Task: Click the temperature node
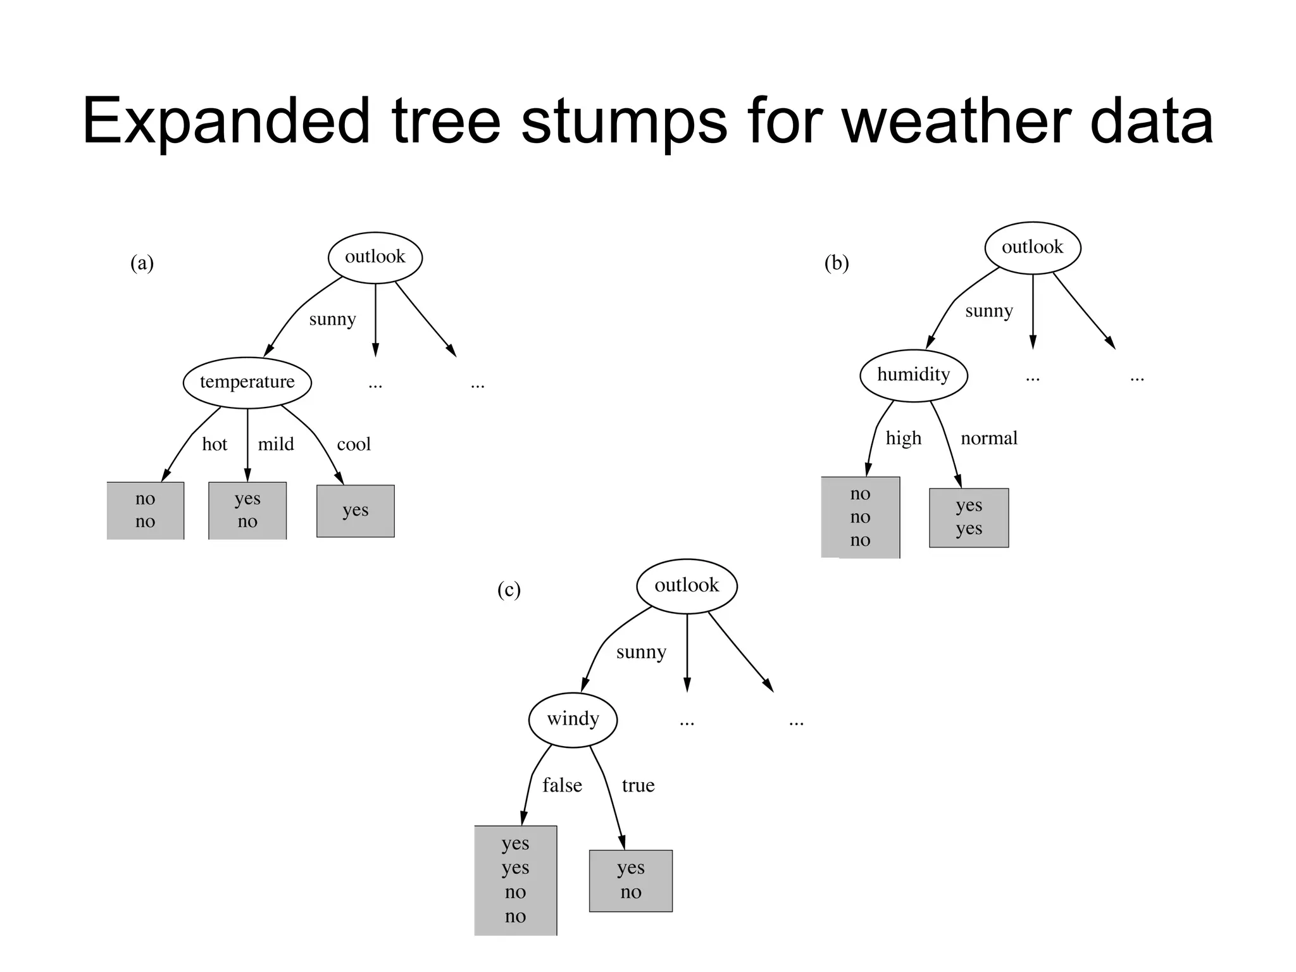coord(247,382)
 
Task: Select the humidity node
coord(913,375)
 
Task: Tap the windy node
coord(573,720)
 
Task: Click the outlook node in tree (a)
coord(375,257)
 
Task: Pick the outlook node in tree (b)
coord(1032,247)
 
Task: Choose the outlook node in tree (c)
coord(687,585)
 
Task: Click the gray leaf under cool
coord(355,511)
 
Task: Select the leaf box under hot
coord(146,510)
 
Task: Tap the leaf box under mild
coord(247,510)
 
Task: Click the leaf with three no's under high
coord(860,517)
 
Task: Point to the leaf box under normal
coord(969,517)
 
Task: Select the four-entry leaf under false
coord(516,880)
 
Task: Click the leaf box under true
coord(631,880)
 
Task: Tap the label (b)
coord(836,263)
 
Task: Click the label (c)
coord(509,590)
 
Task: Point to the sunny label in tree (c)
coord(641,652)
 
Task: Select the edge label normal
coord(988,438)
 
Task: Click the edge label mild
coord(276,444)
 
